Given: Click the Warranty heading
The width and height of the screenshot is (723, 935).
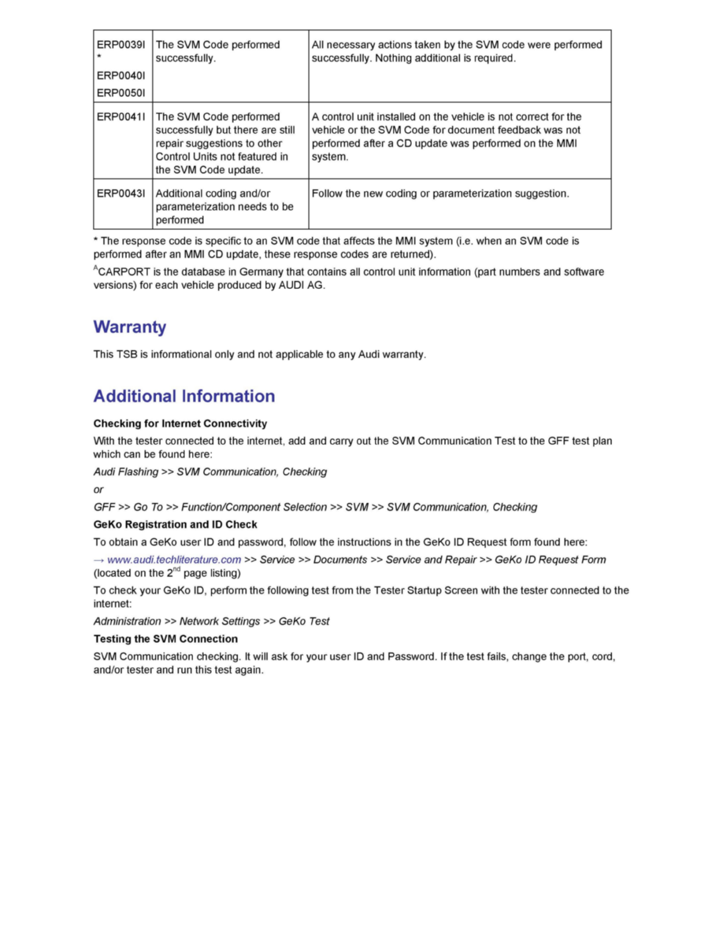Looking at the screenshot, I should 129,327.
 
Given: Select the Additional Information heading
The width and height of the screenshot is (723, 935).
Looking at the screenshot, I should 184,396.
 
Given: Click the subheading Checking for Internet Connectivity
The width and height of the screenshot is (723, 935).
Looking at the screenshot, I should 180,423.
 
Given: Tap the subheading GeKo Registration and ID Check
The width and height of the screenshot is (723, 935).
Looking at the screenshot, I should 175,524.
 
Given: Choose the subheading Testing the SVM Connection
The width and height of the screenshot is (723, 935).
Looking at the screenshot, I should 165,638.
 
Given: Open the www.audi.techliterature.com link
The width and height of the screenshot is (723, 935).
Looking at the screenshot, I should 173,560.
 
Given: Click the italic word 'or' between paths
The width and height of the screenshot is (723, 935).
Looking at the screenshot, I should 98,490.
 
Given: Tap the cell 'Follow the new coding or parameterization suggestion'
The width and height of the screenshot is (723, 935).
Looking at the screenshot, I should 439,194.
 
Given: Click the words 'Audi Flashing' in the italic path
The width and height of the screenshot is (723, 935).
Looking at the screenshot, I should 125,472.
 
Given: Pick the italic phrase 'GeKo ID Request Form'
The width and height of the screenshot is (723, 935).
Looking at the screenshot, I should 550,560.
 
